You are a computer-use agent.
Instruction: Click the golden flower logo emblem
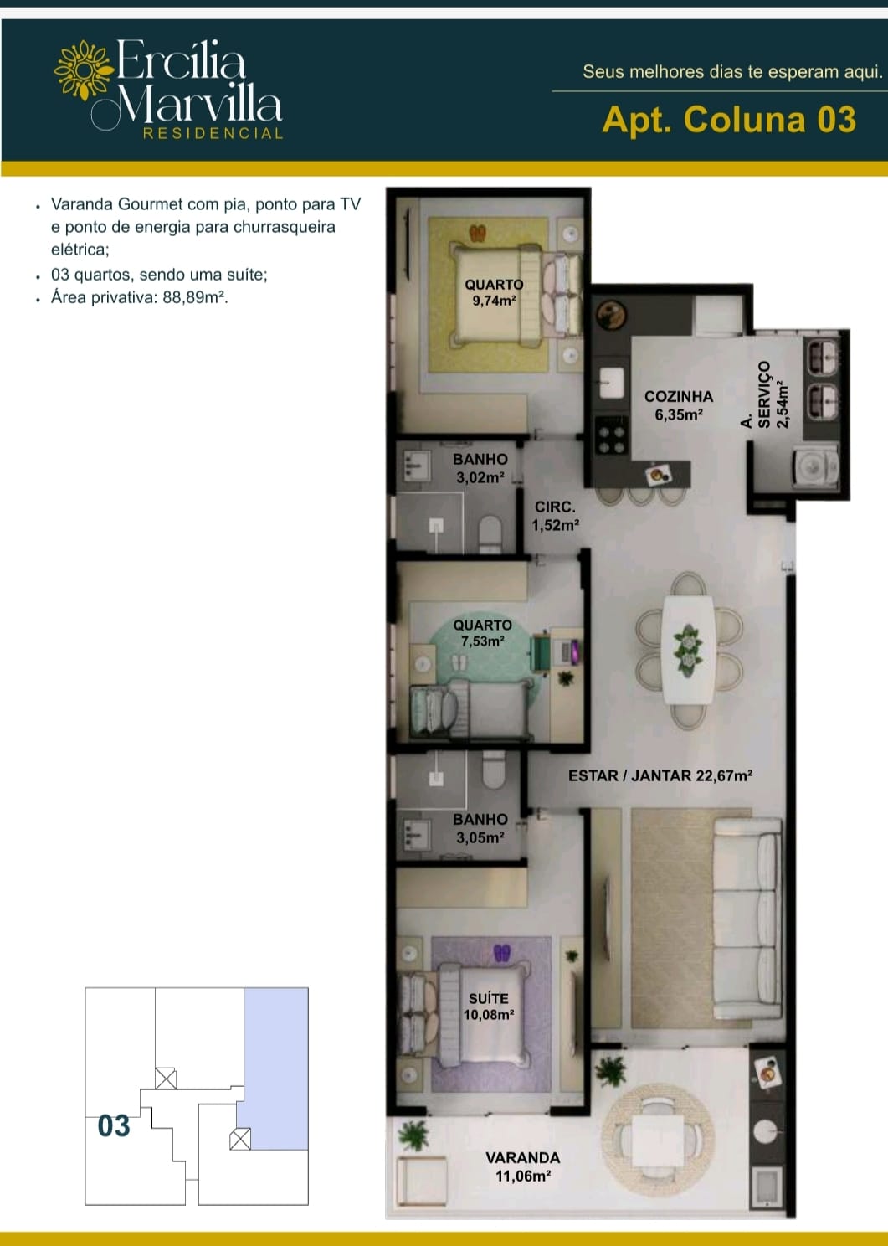84,70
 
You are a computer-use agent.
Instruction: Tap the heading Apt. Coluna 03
729,120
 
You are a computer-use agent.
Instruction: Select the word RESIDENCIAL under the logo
213,133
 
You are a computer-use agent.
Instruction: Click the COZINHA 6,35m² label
679,405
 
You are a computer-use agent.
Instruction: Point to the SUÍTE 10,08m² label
489,1007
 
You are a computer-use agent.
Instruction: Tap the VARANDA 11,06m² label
523,1167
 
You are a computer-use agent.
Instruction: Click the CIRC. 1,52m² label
556,516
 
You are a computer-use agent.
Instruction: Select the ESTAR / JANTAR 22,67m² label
660,775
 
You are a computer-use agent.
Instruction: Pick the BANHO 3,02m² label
480,468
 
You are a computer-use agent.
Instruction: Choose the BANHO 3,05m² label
480,827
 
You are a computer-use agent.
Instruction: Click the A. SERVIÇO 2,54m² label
765,394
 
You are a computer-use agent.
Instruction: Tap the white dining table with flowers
688,651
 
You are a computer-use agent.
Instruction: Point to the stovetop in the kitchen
612,435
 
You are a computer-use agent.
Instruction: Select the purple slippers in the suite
502,953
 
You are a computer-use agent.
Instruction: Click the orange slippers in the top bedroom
478,233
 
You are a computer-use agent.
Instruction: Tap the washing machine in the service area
816,467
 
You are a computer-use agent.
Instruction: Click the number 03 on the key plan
114,1125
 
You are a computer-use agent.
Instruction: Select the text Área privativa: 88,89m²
140,297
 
